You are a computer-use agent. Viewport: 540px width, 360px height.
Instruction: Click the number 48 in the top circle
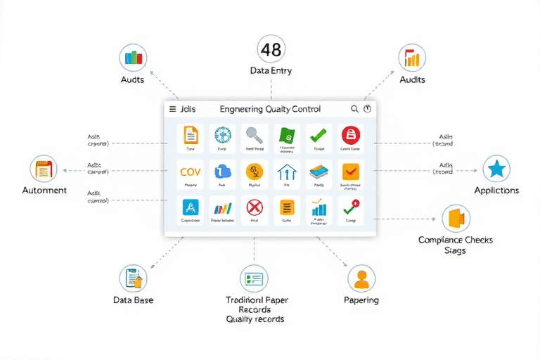270,49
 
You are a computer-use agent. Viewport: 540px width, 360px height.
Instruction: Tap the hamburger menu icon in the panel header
172,109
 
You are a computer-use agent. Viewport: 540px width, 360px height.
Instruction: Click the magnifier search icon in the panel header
354,109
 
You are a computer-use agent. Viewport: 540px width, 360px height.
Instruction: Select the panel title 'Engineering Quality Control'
270,109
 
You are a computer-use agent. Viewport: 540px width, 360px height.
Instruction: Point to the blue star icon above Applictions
496,169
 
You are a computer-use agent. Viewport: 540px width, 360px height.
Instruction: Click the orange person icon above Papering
361,279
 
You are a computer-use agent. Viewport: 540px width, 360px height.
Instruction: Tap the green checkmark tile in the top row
319,135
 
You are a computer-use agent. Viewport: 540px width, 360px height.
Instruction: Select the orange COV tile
190,172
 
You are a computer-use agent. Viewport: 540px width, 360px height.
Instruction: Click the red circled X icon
254,207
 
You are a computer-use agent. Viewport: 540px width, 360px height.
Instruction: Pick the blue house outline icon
286,172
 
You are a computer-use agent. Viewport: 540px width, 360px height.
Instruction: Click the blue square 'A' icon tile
190,207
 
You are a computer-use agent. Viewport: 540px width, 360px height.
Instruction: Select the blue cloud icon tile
222,172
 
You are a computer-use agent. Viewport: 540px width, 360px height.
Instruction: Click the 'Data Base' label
133,300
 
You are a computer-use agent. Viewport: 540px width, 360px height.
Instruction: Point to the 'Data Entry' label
271,71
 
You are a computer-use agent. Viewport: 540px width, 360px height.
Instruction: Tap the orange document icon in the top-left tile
190,135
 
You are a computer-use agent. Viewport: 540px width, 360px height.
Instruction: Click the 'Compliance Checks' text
455,240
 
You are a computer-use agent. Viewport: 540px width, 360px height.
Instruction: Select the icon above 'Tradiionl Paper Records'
254,279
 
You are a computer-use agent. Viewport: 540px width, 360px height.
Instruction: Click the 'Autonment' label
44,191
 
